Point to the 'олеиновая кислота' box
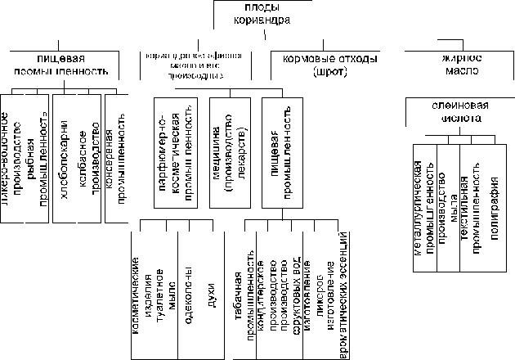coord(456,112)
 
